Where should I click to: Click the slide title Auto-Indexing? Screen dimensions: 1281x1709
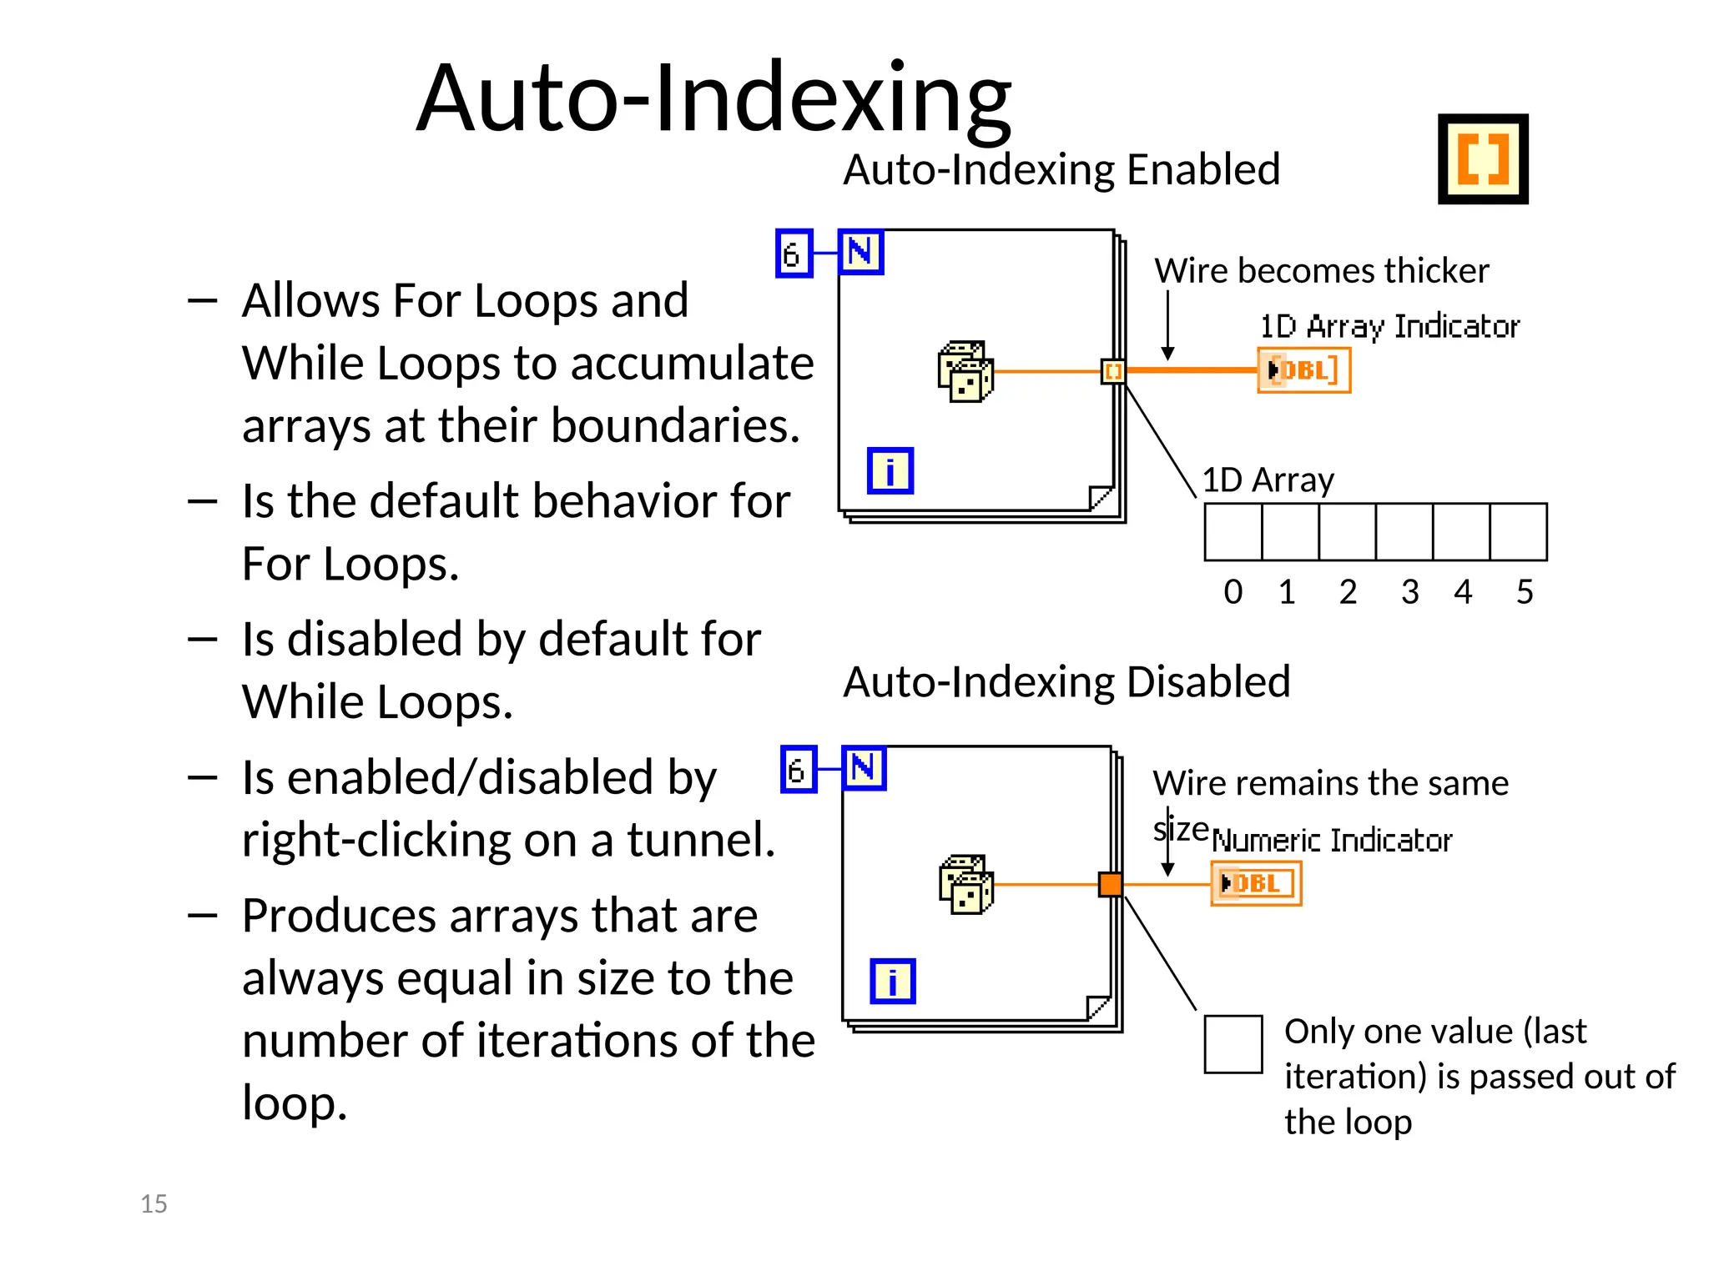click(x=713, y=98)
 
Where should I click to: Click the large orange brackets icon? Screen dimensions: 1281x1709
click(x=1483, y=158)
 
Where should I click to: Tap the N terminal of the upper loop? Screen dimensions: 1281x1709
click(x=860, y=252)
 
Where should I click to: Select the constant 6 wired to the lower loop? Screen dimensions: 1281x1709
click(x=798, y=769)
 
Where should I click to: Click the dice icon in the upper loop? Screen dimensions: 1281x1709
click(x=965, y=371)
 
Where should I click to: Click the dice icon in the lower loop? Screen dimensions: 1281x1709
click(x=966, y=884)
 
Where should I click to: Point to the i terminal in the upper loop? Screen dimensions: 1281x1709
click(x=890, y=470)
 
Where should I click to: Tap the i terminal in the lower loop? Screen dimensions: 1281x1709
click(x=892, y=981)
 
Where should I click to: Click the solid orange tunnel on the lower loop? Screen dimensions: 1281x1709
click(x=1110, y=884)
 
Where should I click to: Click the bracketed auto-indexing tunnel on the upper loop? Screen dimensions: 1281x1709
click(x=1113, y=371)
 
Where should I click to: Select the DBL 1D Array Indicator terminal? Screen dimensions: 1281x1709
click(x=1303, y=369)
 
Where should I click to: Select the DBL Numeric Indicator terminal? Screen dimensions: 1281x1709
click(x=1256, y=883)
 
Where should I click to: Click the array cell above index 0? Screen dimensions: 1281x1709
click(x=1233, y=532)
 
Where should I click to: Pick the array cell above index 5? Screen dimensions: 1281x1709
click(x=1518, y=532)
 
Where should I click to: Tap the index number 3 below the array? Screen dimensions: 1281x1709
click(x=1409, y=592)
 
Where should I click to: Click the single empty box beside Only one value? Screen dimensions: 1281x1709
click(x=1233, y=1044)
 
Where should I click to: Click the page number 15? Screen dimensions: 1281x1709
click(x=154, y=1203)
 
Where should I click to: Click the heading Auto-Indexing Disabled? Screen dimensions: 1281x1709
click(x=1066, y=681)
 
